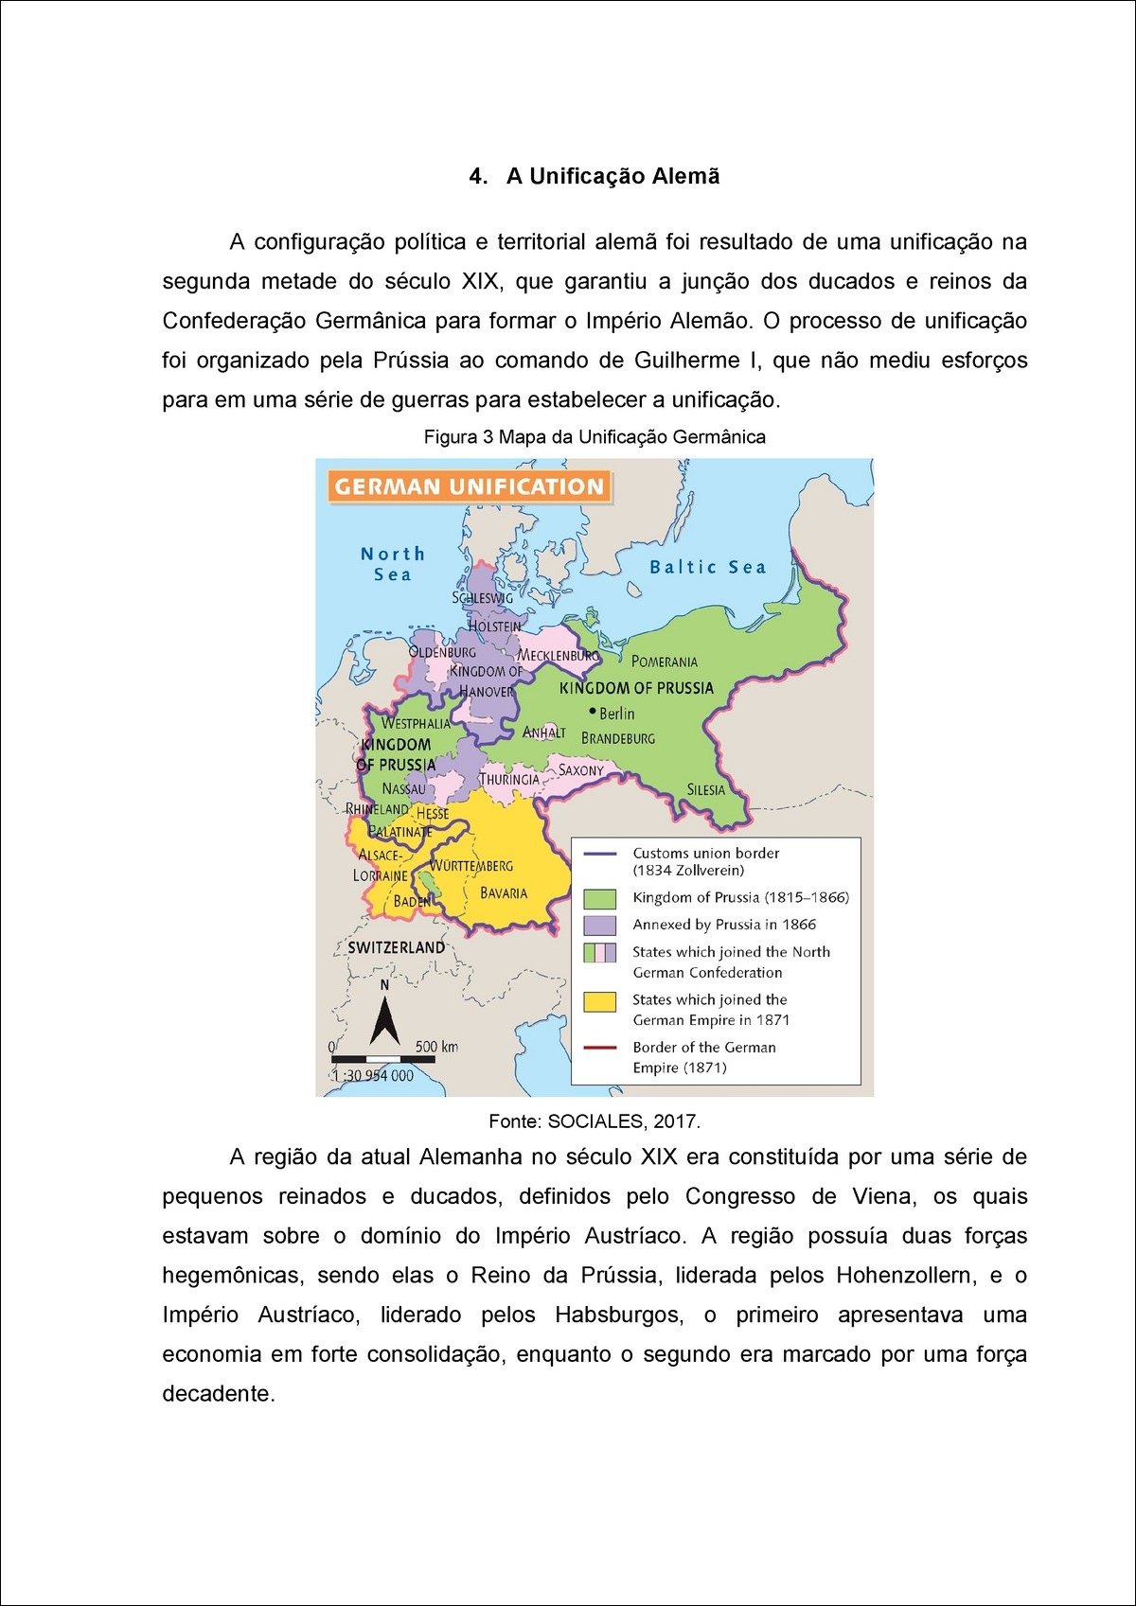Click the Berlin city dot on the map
click(x=593, y=711)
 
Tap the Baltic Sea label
click(x=707, y=567)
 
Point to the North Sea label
click(x=393, y=564)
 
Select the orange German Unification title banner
click(x=470, y=486)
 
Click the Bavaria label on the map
click(x=504, y=892)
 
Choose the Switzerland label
click(x=396, y=947)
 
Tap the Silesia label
click(x=706, y=789)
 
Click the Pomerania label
click(x=665, y=662)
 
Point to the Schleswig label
click(x=483, y=598)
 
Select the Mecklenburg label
click(x=559, y=655)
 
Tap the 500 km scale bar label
click(x=436, y=1046)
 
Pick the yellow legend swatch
click(x=600, y=1001)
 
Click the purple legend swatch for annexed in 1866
click(x=600, y=925)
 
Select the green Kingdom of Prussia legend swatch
click(x=600, y=898)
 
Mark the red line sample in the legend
click(x=600, y=1048)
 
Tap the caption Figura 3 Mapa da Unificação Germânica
click(x=595, y=437)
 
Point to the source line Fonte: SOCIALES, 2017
click(x=595, y=1121)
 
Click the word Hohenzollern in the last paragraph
click(x=905, y=1276)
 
